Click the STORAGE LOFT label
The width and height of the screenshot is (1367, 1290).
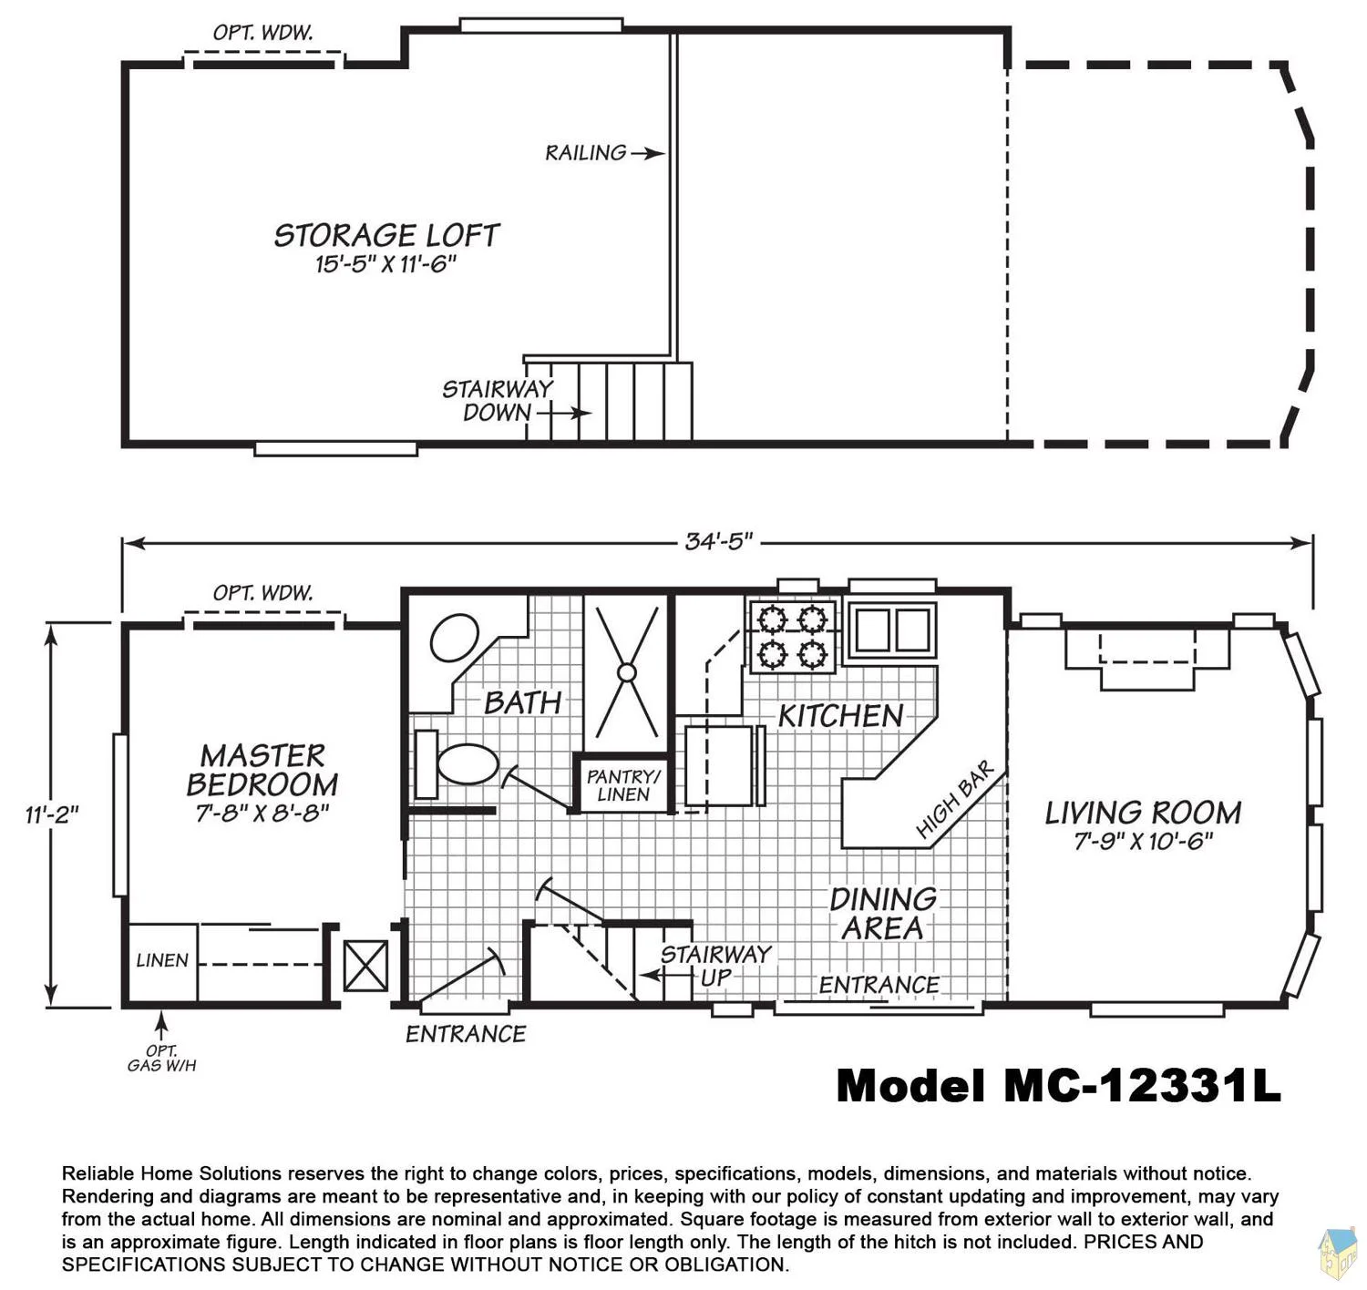tap(386, 235)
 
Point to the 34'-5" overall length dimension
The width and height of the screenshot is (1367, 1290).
tap(719, 542)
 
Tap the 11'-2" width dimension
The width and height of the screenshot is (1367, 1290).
tap(52, 815)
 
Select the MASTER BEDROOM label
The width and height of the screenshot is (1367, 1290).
tap(262, 771)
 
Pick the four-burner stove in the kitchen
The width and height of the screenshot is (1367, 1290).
tap(792, 636)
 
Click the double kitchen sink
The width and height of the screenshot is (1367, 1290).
tap(893, 630)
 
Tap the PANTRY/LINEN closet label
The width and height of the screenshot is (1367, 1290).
tap(623, 785)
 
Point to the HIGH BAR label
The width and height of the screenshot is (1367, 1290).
tap(955, 799)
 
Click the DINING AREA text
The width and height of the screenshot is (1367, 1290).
tap(883, 914)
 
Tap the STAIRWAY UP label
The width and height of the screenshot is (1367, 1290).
tap(715, 965)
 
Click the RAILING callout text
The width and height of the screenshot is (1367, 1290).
tap(586, 153)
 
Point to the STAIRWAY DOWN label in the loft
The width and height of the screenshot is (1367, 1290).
tap(497, 401)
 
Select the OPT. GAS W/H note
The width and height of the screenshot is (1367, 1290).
tap(161, 1059)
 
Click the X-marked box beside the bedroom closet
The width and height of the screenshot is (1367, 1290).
tap(365, 966)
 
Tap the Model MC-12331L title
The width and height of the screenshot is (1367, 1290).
tap(1059, 1086)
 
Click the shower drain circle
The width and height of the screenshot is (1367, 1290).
tap(627, 672)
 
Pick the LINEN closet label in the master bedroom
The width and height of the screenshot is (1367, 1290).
tap(161, 960)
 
